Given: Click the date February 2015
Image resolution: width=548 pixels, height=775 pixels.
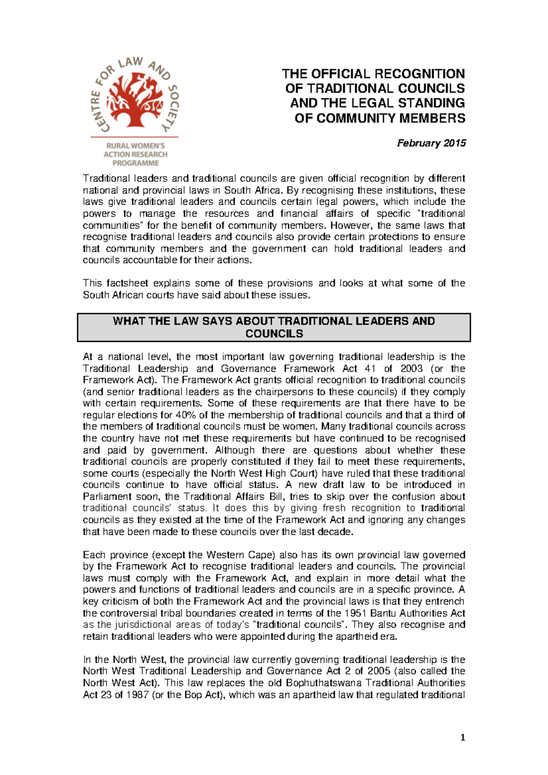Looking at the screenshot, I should coord(431,143).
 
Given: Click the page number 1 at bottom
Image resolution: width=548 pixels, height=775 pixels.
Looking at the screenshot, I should coord(463,737).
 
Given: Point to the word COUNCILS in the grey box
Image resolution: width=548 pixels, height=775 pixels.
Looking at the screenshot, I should coord(274,334).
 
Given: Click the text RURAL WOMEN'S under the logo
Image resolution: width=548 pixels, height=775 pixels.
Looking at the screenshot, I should coord(135,146).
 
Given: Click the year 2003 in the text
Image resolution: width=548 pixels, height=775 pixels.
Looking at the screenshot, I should coord(412,368).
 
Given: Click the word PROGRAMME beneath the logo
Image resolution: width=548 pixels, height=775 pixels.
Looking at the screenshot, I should coord(136,163).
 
